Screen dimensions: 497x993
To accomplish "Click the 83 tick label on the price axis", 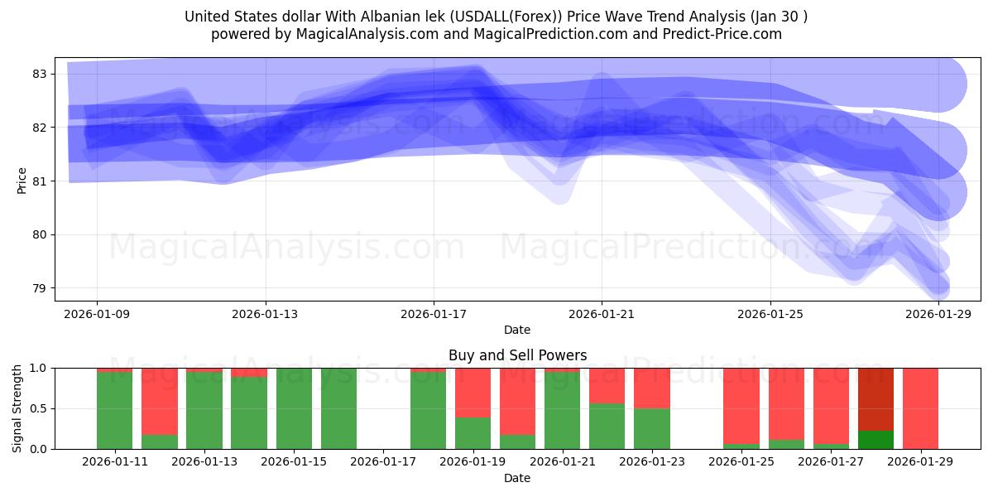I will point(40,74).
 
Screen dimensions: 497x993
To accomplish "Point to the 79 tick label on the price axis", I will point(40,288).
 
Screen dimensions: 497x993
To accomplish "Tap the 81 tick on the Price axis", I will point(40,181).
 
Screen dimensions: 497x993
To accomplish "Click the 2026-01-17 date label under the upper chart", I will point(434,314).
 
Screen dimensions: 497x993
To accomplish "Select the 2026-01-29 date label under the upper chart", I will point(938,314).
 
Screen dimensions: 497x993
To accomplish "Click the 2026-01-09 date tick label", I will point(97,314).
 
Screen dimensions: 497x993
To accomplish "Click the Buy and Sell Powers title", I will point(517,355).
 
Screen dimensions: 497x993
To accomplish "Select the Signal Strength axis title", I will point(17,408).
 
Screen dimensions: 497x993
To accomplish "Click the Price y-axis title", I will point(22,181).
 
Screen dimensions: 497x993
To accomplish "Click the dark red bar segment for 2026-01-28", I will point(875,398).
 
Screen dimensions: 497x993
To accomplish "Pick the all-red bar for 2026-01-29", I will point(920,408).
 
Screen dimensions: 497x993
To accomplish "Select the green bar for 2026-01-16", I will point(338,408).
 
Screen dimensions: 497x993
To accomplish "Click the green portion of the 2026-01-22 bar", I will point(607,427).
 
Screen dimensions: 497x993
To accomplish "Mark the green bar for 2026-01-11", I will point(115,411).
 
